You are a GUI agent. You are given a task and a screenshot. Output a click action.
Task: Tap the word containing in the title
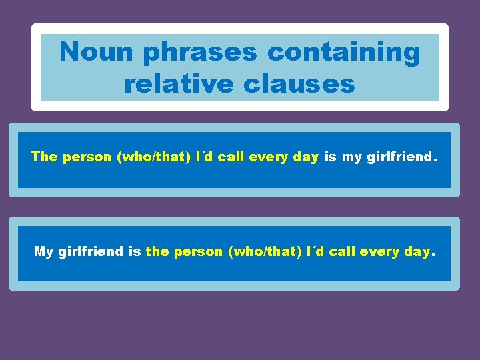coord(344,52)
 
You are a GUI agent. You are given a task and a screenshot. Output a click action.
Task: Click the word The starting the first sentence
coord(45,157)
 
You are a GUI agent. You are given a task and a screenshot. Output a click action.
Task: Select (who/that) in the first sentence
coord(145,157)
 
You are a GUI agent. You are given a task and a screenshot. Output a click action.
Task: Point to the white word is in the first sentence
coord(331,157)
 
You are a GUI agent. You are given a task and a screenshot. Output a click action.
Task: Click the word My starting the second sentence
coord(43,252)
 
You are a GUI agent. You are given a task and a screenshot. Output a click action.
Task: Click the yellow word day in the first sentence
coord(307,158)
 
